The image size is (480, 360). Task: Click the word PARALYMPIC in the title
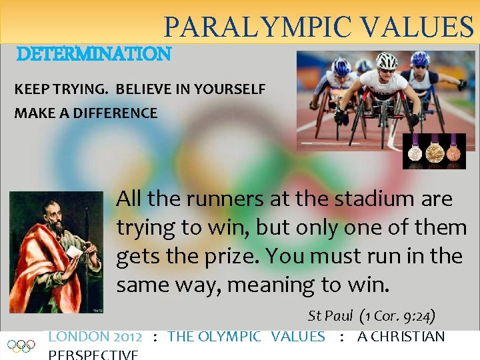pyautogui.click(x=257, y=27)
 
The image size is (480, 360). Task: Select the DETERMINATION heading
pyautogui.click(x=93, y=53)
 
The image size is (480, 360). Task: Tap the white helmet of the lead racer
pyautogui.click(x=386, y=61)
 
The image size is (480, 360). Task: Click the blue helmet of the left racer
pyautogui.click(x=341, y=67)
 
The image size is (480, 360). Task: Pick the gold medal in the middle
pyautogui.click(x=434, y=151)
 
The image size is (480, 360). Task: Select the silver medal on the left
pyautogui.click(x=415, y=151)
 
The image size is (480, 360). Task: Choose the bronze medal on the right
pyautogui.click(x=453, y=151)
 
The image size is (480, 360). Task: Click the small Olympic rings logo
pyautogui.click(x=21, y=345)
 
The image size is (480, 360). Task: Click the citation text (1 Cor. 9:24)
pyautogui.click(x=397, y=315)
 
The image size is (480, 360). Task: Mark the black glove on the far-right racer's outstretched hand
pyautogui.click(x=461, y=85)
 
